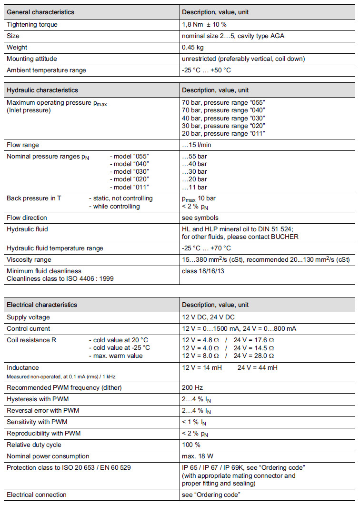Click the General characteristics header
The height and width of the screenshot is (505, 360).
(x=40, y=12)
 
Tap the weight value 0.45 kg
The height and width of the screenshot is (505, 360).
(x=192, y=48)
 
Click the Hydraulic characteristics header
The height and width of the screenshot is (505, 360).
(x=42, y=90)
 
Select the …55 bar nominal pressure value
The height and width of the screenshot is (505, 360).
(x=194, y=157)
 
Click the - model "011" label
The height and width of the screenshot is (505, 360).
(x=130, y=187)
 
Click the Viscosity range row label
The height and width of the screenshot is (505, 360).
(x=29, y=260)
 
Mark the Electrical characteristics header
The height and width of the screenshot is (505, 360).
(x=42, y=305)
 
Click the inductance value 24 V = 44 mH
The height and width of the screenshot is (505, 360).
(x=258, y=368)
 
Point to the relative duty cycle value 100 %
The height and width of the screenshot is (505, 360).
(x=191, y=445)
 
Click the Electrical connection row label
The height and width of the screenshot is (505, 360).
(x=37, y=495)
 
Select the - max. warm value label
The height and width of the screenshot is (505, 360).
(x=116, y=356)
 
